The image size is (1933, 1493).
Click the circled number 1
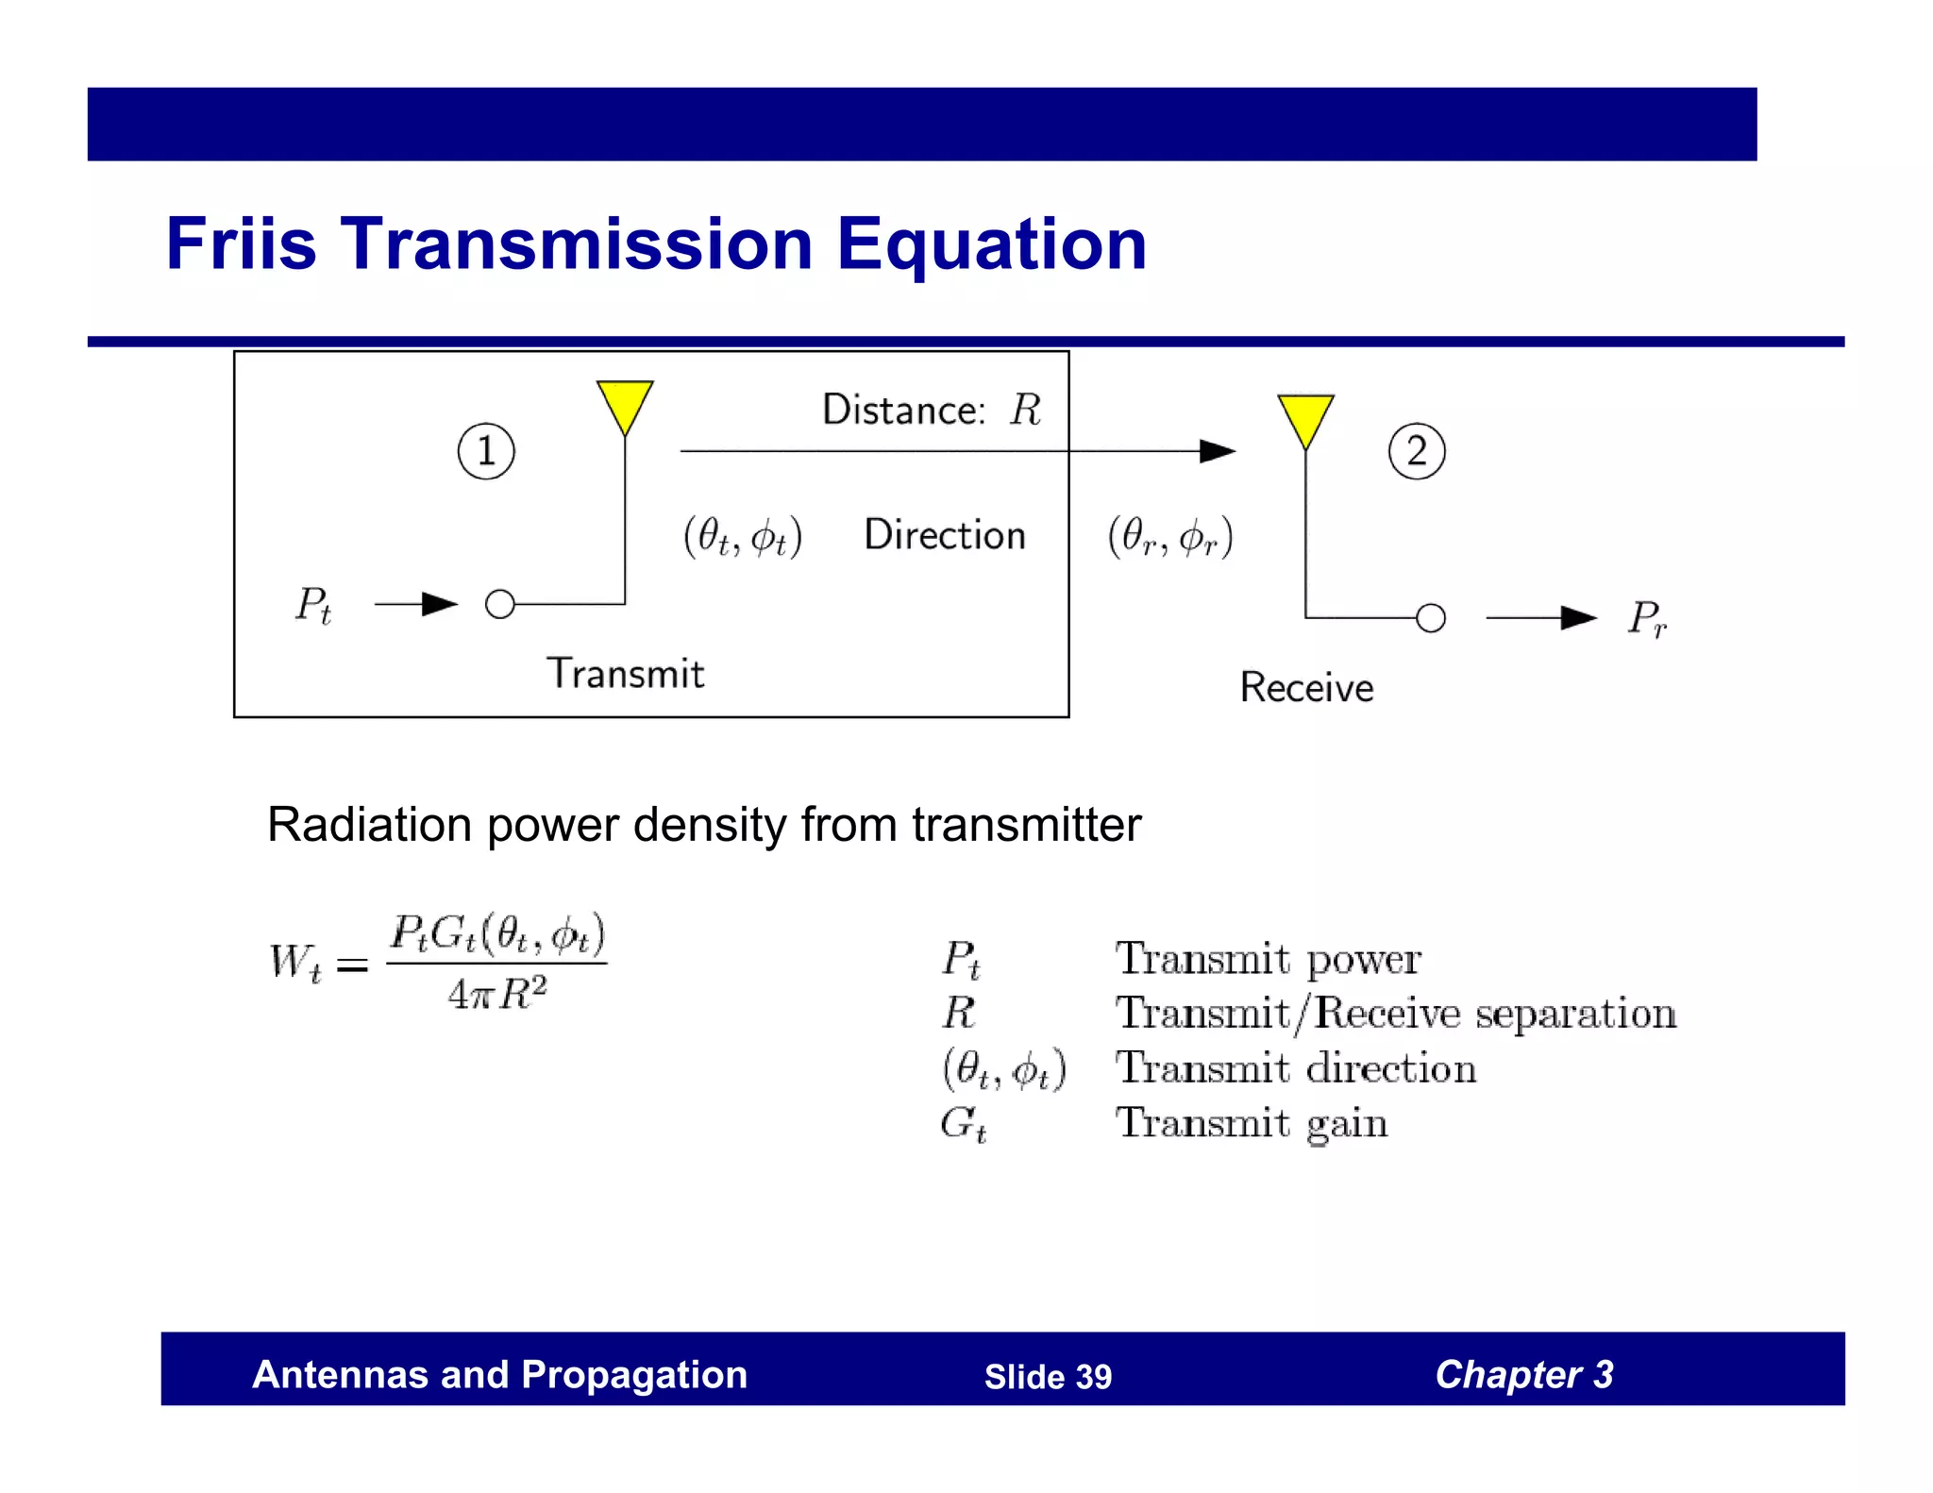(486, 451)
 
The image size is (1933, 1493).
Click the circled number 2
(1417, 451)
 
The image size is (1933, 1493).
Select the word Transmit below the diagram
(626, 674)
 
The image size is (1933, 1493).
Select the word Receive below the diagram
(1306, 688)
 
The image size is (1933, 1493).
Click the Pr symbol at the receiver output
(1647, 619)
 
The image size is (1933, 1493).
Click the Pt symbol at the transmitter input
(313, 605)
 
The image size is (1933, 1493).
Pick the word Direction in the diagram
(945, 535)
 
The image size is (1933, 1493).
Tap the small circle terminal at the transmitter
(500, 604)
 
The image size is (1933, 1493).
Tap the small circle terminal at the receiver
(1431, 618)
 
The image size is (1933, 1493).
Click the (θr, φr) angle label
(1170, 537)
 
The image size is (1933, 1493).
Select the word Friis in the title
(241, 244)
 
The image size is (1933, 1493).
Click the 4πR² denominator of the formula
(497, 994)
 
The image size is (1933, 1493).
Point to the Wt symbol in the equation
(295, 963)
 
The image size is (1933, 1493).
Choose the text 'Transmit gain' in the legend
(1252, 1123)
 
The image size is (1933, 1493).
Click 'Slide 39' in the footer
(1048, 1377)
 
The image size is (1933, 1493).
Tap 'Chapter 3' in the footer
(1523, 1375)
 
